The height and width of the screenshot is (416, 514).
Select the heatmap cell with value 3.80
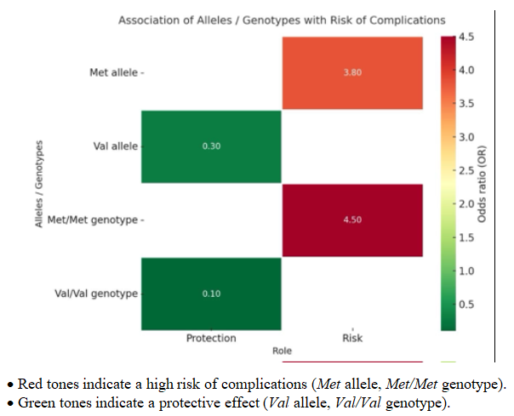352,73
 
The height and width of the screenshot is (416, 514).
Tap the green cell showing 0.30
211,146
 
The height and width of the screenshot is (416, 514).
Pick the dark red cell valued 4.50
352,219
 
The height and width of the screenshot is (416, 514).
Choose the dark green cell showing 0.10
211,293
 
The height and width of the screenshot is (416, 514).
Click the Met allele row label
114,72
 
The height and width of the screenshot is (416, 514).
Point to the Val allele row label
116,146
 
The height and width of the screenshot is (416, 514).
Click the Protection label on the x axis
211,339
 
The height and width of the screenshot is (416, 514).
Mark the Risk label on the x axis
352,339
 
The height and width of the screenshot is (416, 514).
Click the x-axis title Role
282,350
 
